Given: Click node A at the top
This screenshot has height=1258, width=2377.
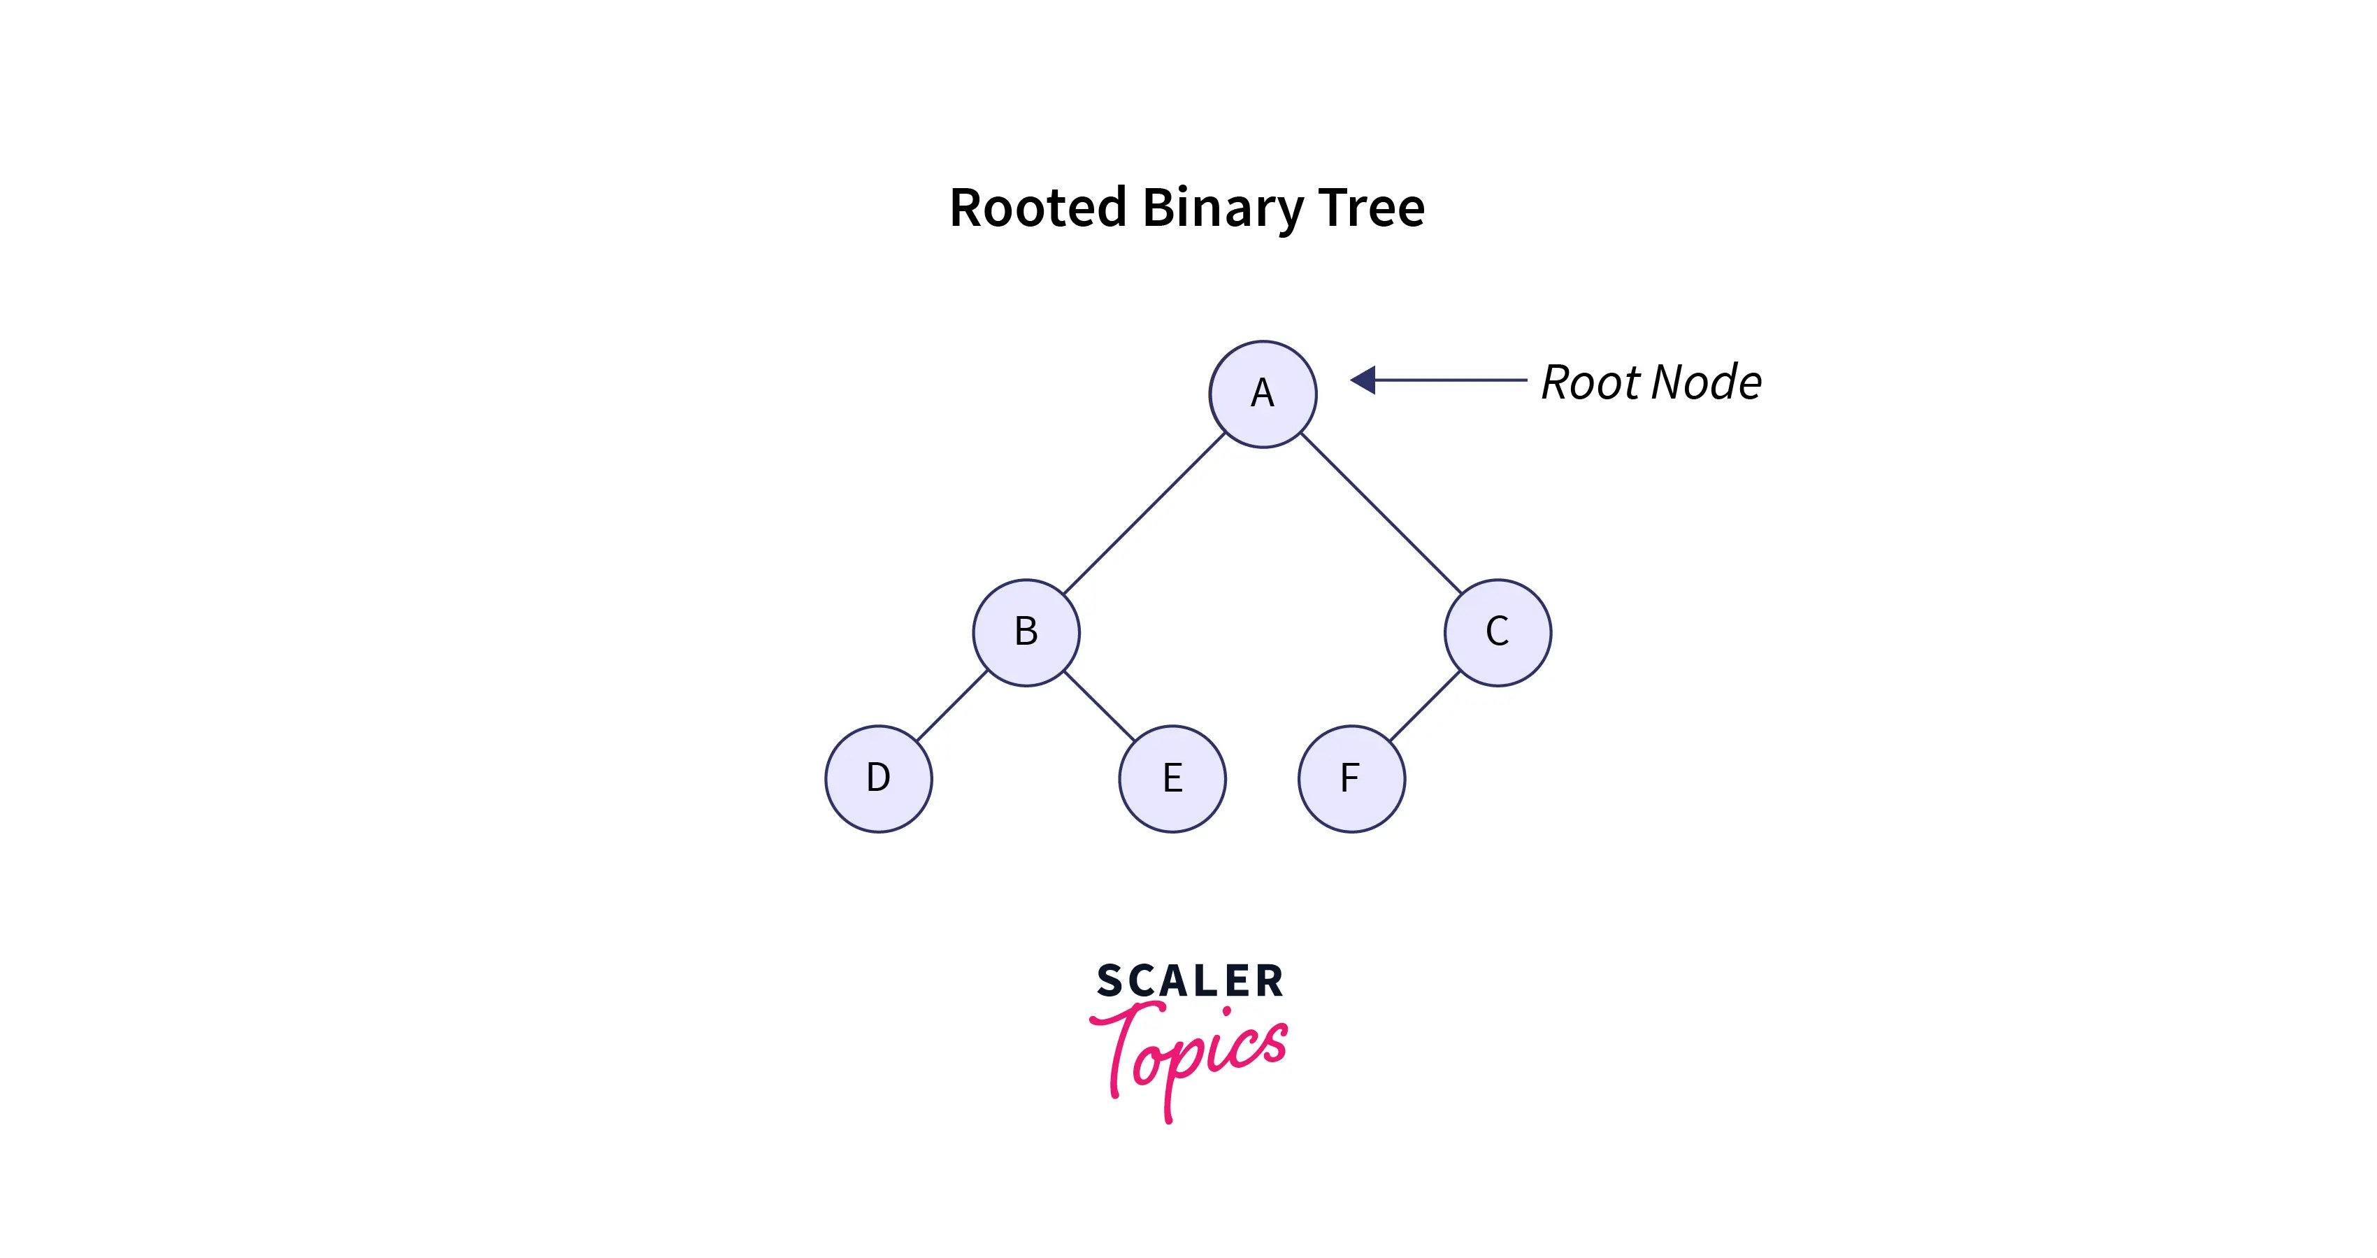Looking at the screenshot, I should coord(1263,394).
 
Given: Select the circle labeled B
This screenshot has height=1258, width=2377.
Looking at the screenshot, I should coord(1026,632).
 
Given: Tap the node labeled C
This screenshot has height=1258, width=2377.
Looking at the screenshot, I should coord(1498,632).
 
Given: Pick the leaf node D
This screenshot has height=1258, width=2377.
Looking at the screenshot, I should coord(879,778).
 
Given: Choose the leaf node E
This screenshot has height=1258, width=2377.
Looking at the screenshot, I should coord(1172,778).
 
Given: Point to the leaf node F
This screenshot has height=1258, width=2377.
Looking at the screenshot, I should coord(1351,778).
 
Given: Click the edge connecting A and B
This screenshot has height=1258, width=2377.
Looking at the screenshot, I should coord(1144,513).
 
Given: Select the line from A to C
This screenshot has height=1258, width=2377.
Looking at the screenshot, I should coord(1381,513).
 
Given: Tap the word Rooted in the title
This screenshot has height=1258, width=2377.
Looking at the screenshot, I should coord(1037,207).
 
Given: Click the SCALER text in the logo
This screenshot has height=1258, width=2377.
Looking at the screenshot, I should coord(1189,980).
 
